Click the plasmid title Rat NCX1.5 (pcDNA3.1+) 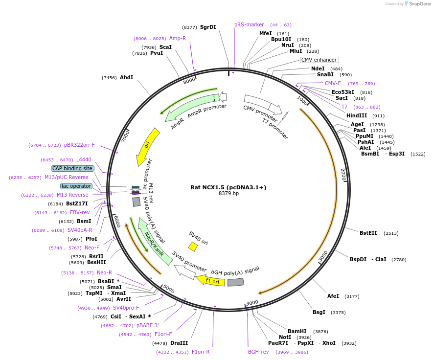point(228,187)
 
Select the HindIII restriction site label point(356,116)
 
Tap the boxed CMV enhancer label point(319,60)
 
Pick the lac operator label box point(76,186)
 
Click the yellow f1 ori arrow point(211,281)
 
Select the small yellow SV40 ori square point(193,247)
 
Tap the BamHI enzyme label point(297,331)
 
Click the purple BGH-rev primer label point(258,352)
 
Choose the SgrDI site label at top point(208,27)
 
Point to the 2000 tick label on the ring point(343,175)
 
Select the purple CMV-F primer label point(333,83)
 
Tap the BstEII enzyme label point(368,233)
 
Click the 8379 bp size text point(228,194)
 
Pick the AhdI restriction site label point(127,77)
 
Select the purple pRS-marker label point(249,24)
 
